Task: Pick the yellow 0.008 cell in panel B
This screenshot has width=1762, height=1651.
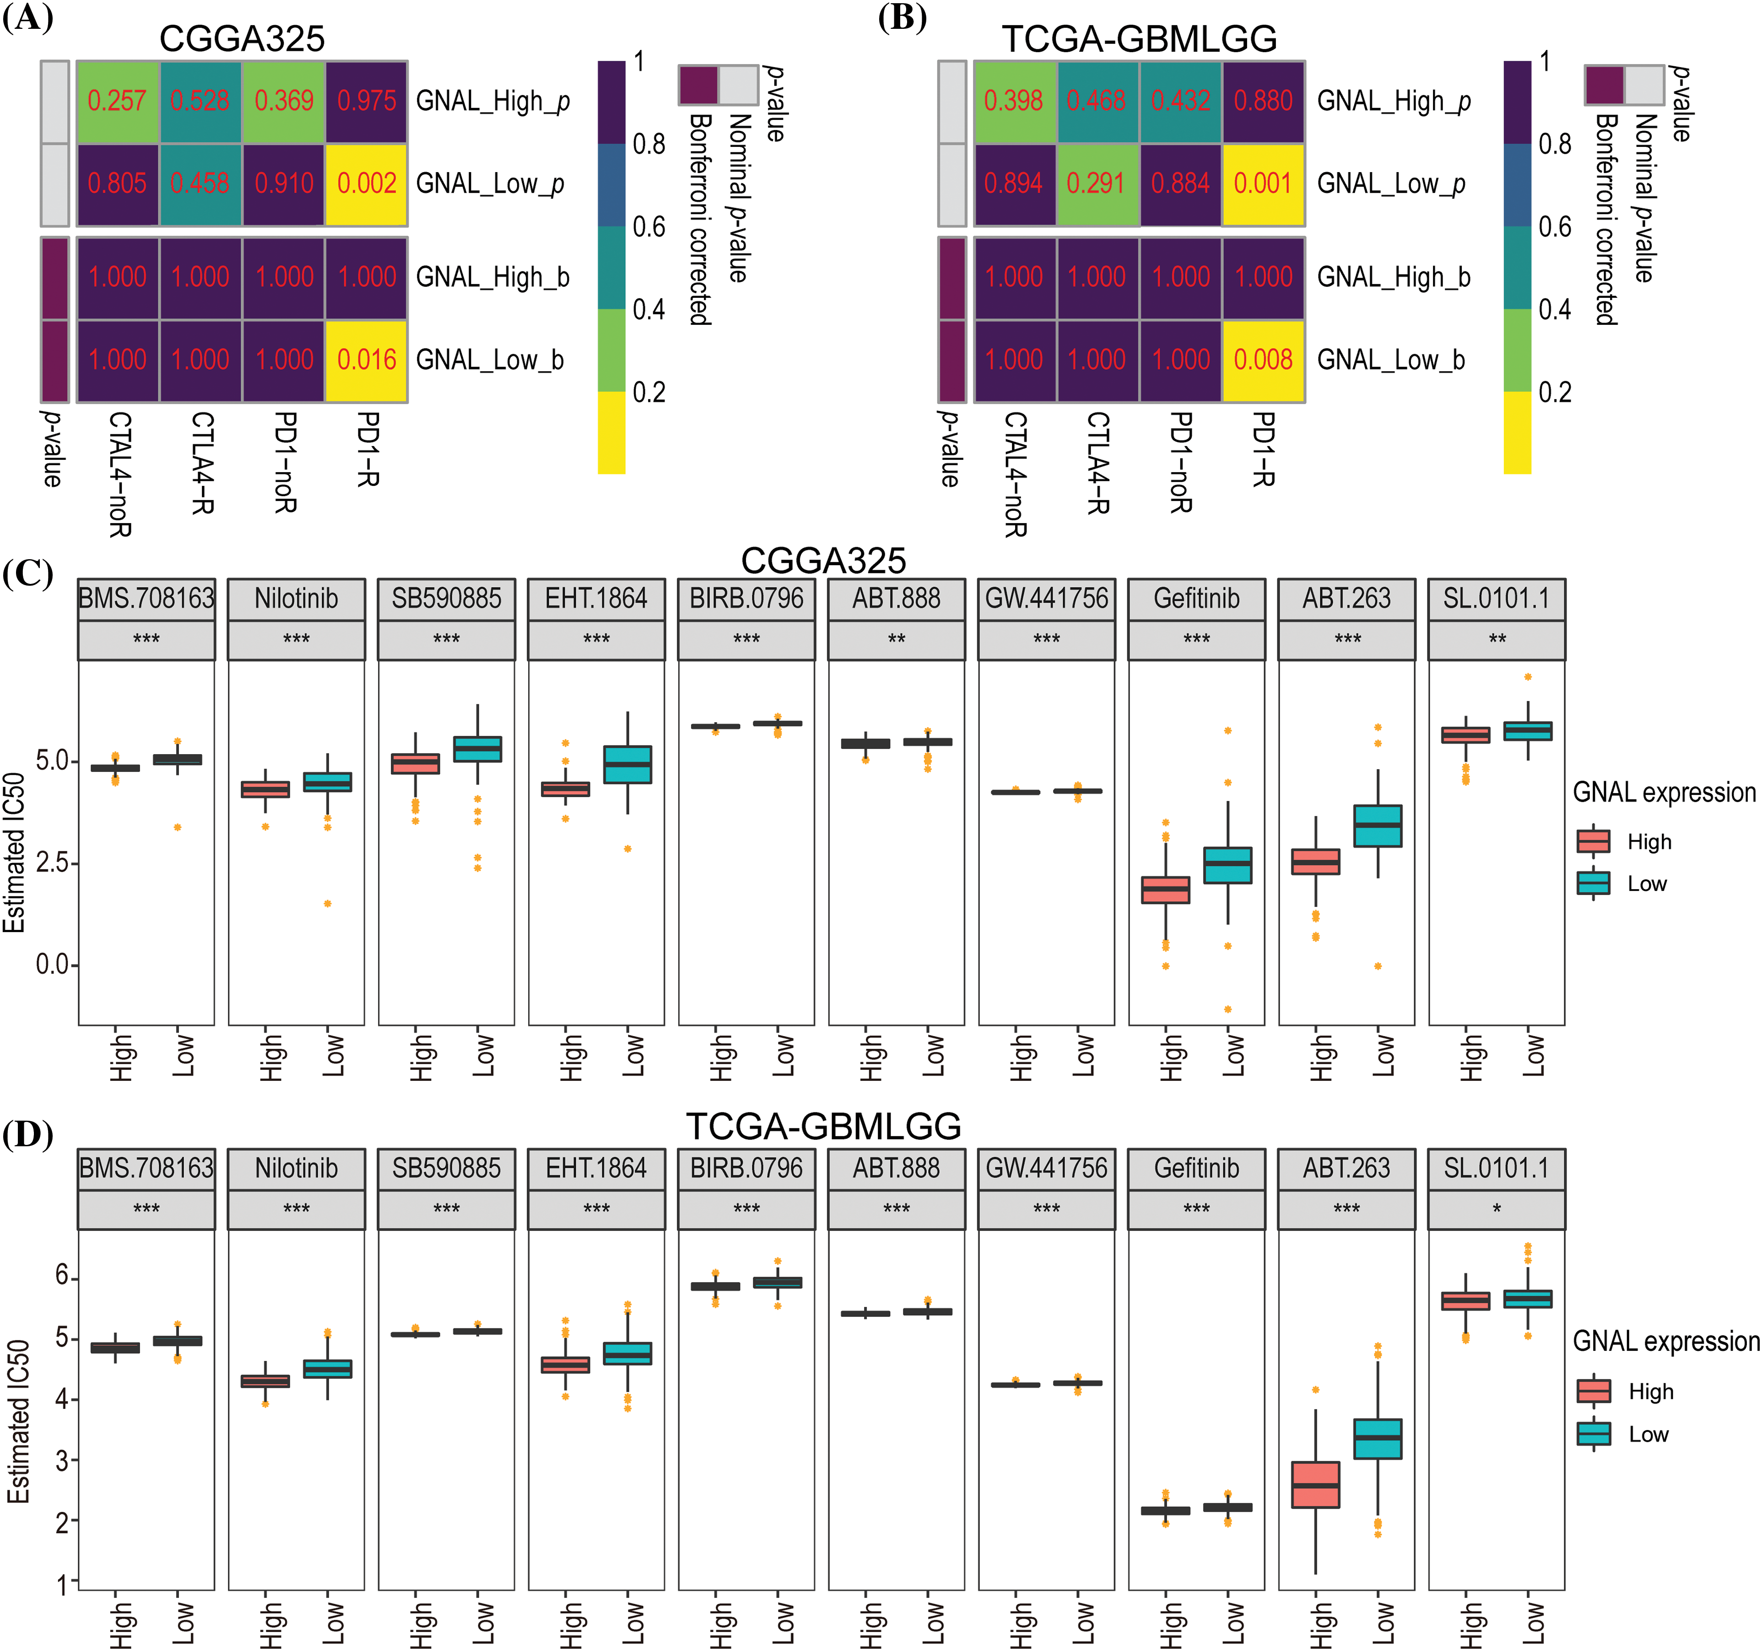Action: tap(1264, 360)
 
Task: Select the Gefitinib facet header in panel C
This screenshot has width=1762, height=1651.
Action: tap(1196, 599)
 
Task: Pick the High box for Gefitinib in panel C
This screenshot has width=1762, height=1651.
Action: tap(1166, 890)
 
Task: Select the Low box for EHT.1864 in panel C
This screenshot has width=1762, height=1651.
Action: tap(627, 764)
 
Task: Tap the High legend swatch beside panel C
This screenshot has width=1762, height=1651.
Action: tap(1594, 841)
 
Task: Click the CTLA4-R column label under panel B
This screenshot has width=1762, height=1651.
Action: tap(1098, 463)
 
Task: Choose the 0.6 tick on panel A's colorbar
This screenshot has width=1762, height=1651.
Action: tap(649, 227)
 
